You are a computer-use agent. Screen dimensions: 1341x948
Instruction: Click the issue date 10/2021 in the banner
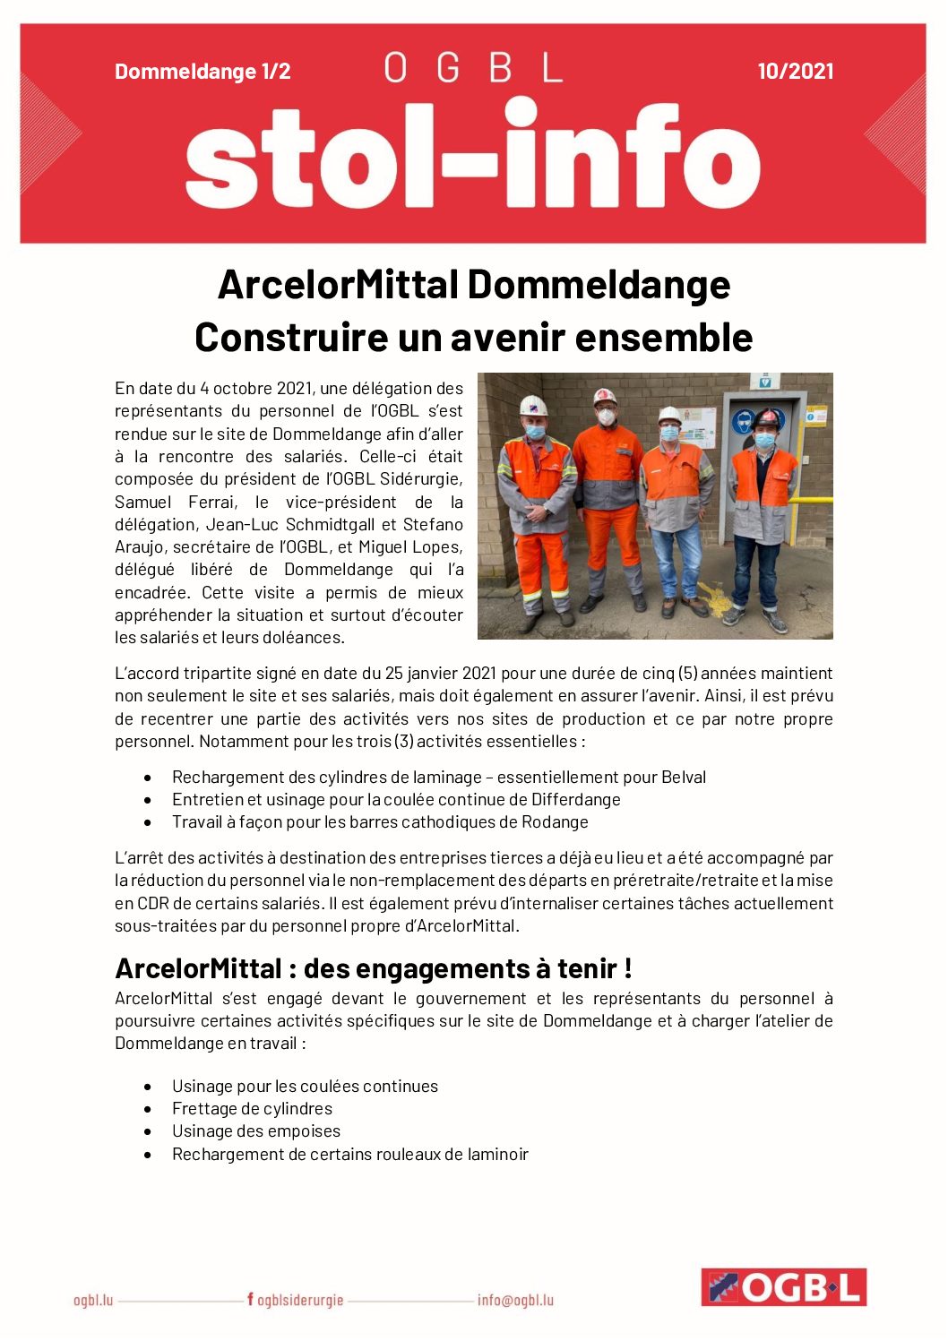coord(795,72)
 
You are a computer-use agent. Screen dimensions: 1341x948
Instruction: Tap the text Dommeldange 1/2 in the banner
coord(203,72)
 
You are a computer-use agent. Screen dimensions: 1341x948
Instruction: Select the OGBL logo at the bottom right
coord(783,1287)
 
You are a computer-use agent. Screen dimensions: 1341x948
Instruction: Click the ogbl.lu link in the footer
coord(93,1300)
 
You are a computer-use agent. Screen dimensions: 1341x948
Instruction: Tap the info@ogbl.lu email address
coord(515,1300)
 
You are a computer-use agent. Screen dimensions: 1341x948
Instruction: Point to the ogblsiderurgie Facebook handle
coord(296,1300)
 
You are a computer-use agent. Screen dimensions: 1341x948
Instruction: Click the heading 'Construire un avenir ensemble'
coord(473,338)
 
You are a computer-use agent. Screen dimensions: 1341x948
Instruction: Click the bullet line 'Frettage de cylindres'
coord(252,1108)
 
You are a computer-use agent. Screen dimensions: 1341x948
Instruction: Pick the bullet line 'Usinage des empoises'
coord(256,1130)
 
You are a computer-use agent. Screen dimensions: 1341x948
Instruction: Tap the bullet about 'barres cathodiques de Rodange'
coord(380,821)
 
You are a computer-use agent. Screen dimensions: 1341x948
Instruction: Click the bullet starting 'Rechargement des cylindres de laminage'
coord(438,777)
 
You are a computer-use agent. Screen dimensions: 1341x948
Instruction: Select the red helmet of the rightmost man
coord(767,418)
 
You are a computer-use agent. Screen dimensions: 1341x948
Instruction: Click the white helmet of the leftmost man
coord(534,405)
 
